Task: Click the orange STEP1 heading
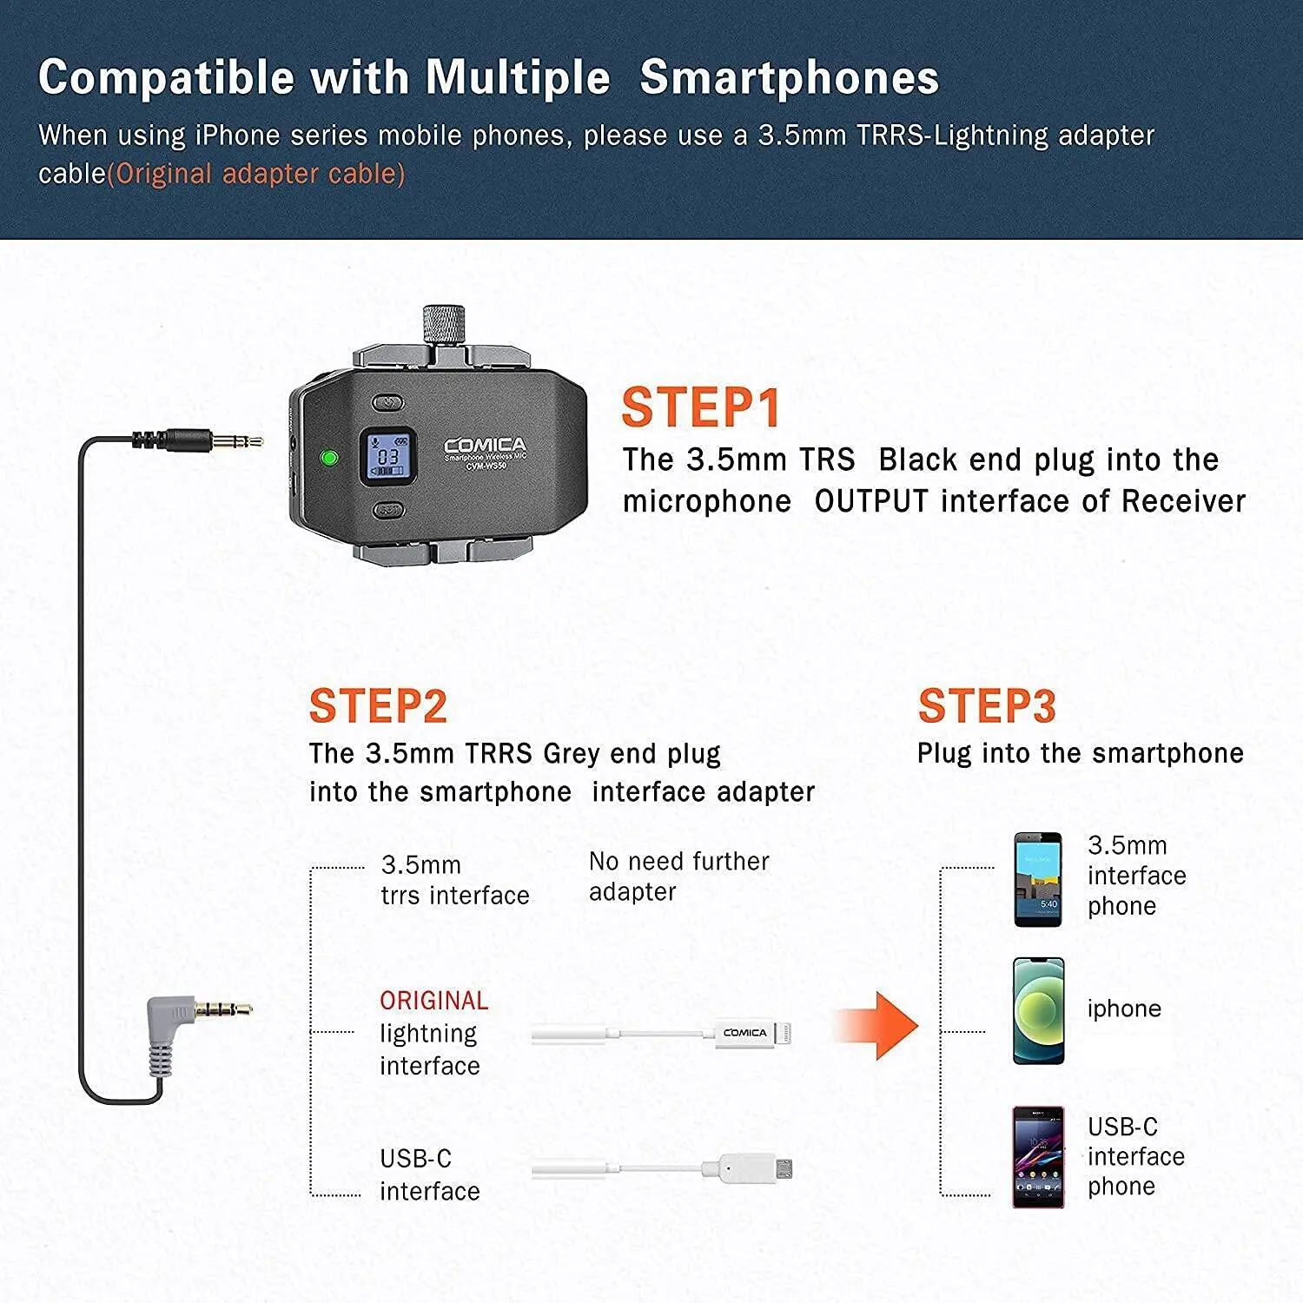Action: tap(701, 408)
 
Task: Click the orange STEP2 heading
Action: tap(378, 706)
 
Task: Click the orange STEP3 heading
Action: tap(987, 706)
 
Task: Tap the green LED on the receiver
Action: tap(329, 457)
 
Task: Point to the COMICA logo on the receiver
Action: tap(485, 445)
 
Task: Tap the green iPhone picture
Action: tap(1038, 1011)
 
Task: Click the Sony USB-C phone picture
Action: tap(1038, 1156)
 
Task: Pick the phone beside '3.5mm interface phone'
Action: tap(1038, 879)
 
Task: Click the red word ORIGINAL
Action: tap(433, 1001)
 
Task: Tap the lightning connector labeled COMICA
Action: tap(751, 1033)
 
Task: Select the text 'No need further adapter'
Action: tap(678, 876)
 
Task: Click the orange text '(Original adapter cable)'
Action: tap(256, 174)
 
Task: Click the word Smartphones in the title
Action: tap(789, 77)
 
